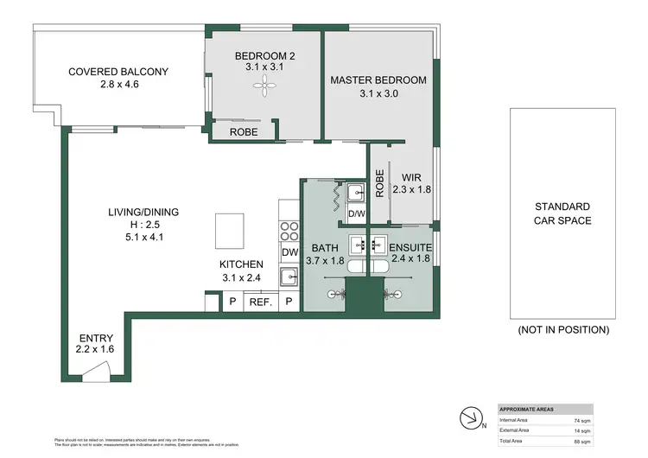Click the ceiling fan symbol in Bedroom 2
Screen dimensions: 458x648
pyautogui.click(x=265, y=86)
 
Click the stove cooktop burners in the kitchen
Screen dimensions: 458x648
pyautogui.click(x=289, y=232)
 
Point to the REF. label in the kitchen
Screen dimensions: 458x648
pyautogui.click(x=260, y=302)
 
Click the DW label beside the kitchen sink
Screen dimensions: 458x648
pyautogui.click(x=289, y=252)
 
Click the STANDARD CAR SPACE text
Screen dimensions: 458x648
pyautogui.click(x=562, y=213)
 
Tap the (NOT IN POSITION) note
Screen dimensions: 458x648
pyautogui.click(x=562, y=329)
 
